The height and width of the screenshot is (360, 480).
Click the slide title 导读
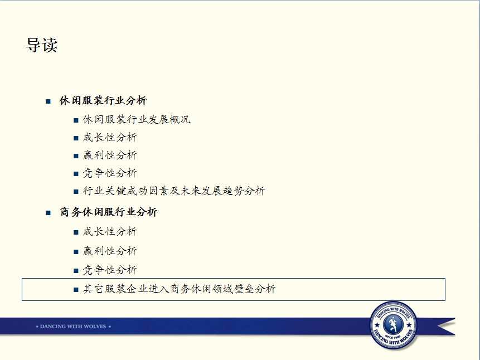[x=42, y=45]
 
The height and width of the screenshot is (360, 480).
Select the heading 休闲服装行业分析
[x=103, y=100]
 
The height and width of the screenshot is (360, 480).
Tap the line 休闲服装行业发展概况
[x=137, y=119]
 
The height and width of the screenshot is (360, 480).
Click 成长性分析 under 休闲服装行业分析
[x=110, y=138]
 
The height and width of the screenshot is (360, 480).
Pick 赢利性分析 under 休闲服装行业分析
[x=110, y=155]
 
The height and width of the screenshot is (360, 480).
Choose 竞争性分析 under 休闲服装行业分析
[x=110, y=173]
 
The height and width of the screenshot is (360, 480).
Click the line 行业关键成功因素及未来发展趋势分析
[x=174, y=191]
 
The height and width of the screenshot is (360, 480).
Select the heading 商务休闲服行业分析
[x=109, y=212]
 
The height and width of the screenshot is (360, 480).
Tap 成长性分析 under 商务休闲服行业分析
[x=110, y=232]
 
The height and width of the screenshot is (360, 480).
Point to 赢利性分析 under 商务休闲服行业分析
[x=110, y=251]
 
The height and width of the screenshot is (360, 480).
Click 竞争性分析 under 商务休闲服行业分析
[x=110, y=270]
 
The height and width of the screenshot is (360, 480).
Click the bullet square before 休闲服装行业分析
[x=48, y=101]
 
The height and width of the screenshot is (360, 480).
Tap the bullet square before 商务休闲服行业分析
[x=48, y=213]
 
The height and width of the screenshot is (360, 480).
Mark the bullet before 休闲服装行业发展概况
[x=76, y=120]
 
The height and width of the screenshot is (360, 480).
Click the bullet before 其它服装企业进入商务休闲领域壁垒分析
[x=76, y=290]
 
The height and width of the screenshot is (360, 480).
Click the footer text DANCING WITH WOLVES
[x=73, y=327]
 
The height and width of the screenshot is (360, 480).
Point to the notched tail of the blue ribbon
[x=445, y=327]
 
